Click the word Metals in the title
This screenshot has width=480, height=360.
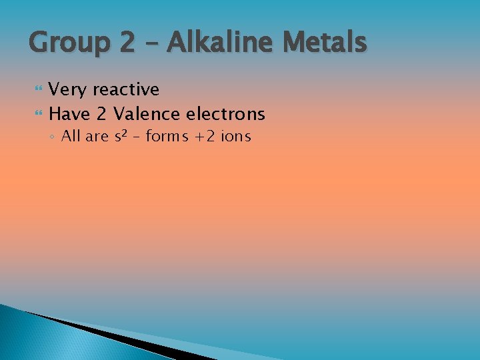tap(325, 43)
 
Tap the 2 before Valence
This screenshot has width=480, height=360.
tap(101, 114)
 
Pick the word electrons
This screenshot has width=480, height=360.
tap(226, 114)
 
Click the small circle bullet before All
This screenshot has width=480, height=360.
tap(53, 137)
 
